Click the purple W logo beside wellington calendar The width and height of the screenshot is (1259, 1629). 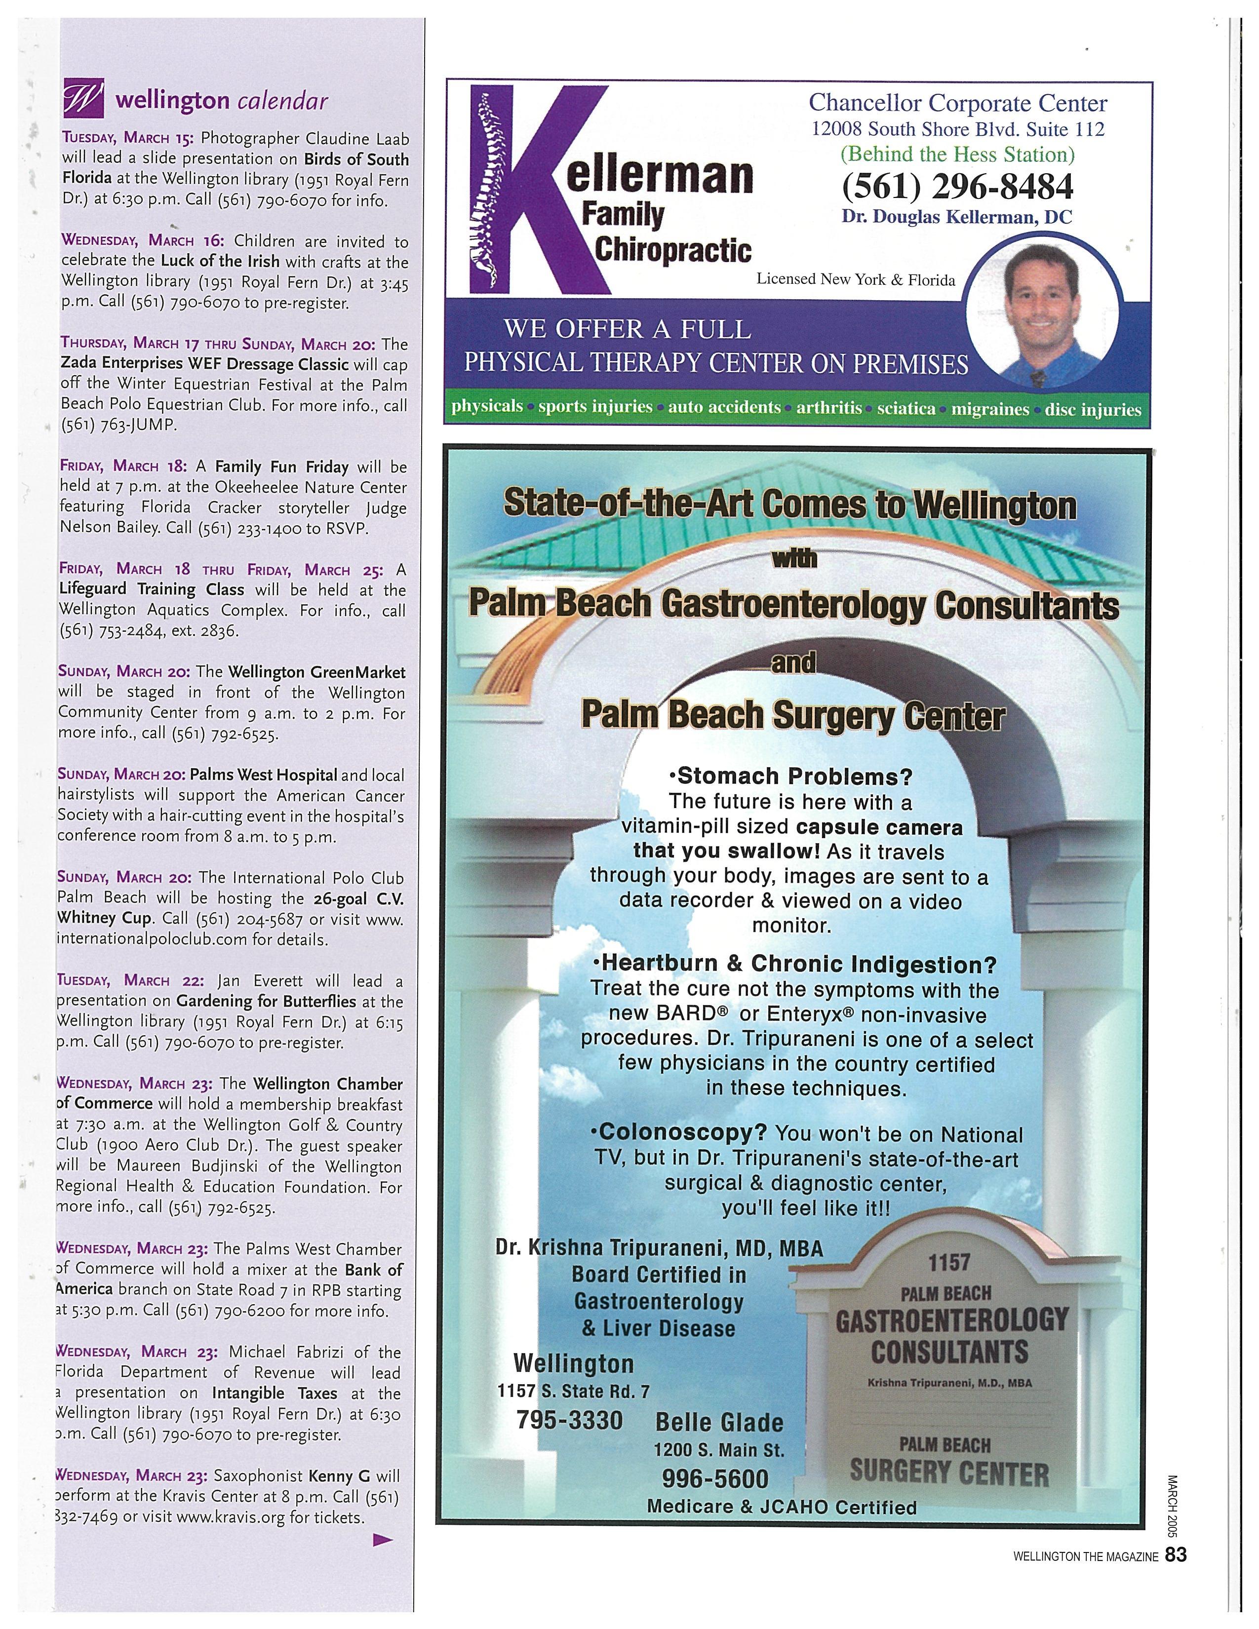click(x=83, y=98)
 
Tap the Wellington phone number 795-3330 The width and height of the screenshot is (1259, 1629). click(x=569, y=1419)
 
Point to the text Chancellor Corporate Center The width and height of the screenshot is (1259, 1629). click(x=958, y=103)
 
